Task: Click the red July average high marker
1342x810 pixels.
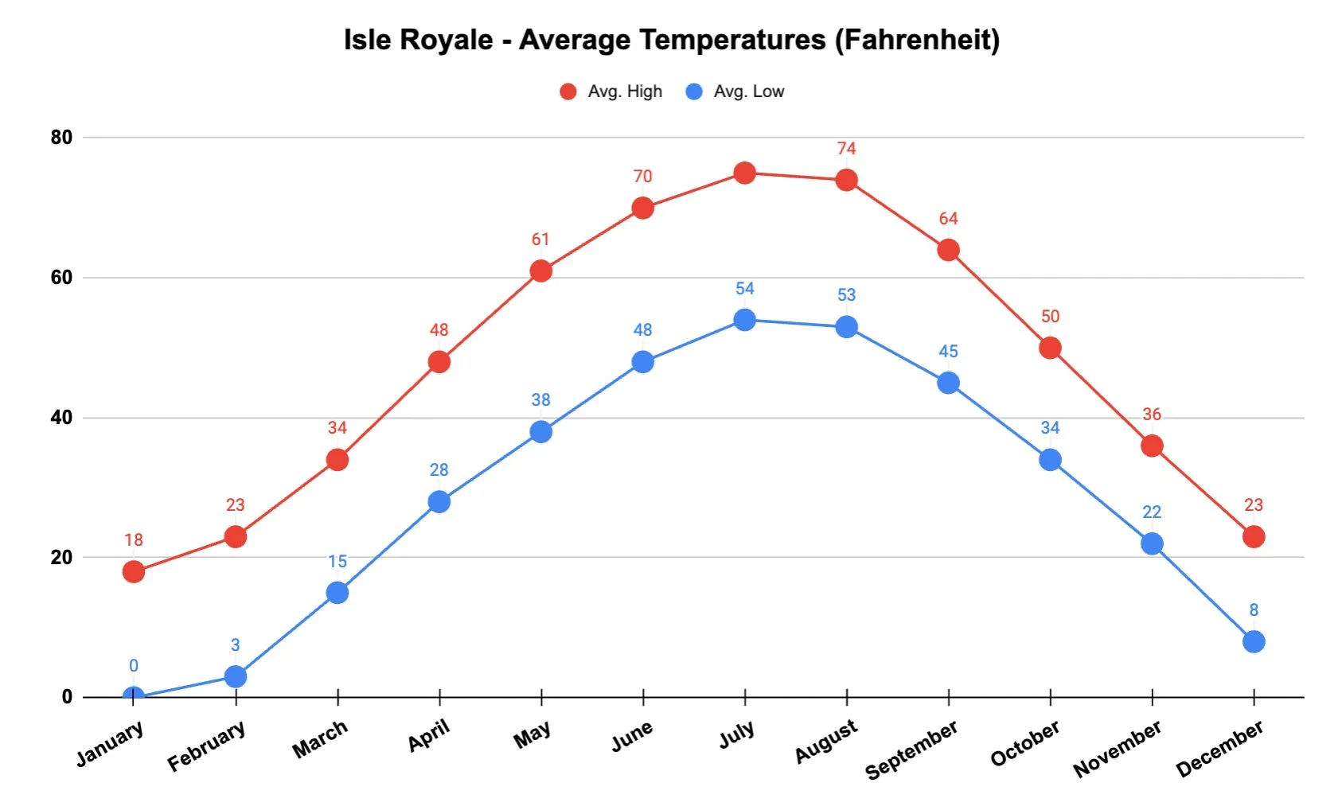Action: [x=744, y=173]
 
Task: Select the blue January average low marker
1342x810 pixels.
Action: [x=134, y=696]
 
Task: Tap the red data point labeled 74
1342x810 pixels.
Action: [x=846, y=180]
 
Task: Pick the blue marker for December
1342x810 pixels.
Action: [x=1253, y=641]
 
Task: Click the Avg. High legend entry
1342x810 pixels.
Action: [x=611, y=92]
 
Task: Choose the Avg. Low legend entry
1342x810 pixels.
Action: [x=735, y=92]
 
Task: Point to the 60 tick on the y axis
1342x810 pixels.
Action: [x=61, y=278]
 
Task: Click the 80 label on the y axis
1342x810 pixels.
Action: [x=61, y=138]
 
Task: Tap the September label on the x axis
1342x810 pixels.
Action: [x=911, y=750]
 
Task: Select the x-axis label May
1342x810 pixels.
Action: [x=532, y=734]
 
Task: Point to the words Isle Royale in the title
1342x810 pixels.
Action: [x=418, y=40]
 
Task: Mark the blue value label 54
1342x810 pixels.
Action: [x=744, y=289]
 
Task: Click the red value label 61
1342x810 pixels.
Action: [x=540, y=239]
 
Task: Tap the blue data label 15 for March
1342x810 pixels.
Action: [x=337, y=562]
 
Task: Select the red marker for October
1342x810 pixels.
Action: [x=1050, y=348]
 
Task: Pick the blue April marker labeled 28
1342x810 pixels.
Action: [x=439, y=501]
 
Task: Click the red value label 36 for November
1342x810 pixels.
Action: [x=1151, y=415]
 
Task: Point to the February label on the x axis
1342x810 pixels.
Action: [x=206, y=746]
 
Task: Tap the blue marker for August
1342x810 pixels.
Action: [x=846, y=327]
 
